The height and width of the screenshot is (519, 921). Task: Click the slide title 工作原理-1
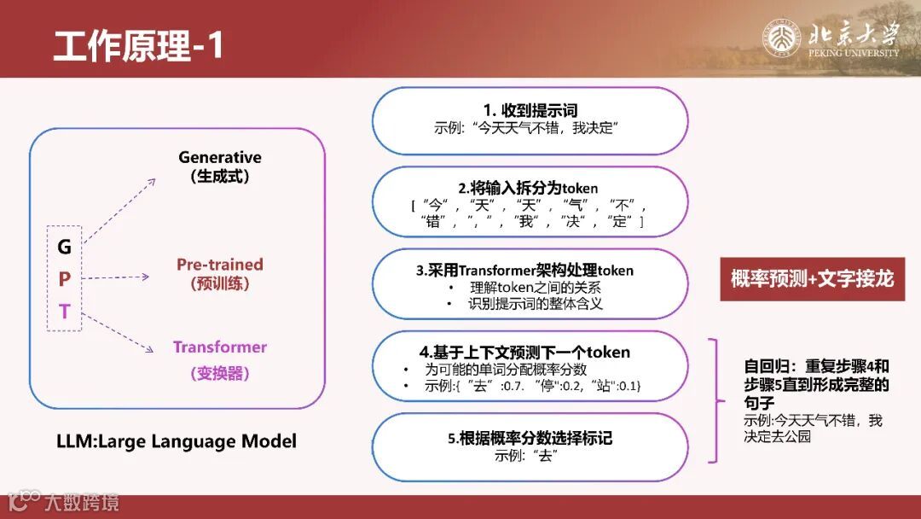[x=138, y=45]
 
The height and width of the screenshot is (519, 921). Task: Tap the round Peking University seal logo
[x=781, y=38]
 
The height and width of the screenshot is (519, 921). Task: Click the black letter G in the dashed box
[x=64, y=247]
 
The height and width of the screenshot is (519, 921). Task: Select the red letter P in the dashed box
[x=64, y=278]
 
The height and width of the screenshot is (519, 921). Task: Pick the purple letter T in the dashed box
[x=64, y=311]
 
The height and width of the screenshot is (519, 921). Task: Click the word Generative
[x=220, y=158]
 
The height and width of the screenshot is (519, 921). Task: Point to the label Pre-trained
[x=220, y=265]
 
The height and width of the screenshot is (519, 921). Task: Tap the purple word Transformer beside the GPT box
[x=220, y=347]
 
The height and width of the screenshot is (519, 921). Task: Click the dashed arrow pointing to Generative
[x=119, y=211]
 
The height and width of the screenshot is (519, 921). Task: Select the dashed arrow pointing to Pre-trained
[x=116, y=277]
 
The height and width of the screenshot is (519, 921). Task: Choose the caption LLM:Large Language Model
[x=177, y=440]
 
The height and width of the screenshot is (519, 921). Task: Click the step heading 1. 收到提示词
[x=530, y=110]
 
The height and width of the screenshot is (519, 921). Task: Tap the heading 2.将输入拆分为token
[x=528, y=188]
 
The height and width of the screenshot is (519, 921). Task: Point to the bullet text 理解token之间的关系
[x=535, y=288]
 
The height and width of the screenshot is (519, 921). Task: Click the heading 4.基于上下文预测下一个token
[x=524, y=352]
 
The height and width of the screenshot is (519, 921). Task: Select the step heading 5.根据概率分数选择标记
[x=530, y=439]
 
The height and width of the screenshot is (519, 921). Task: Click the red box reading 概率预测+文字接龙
[x=813, y=278]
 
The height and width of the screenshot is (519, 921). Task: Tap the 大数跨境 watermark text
[x=82, y=503]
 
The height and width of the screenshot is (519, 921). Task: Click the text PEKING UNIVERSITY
[x=854, y=53]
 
